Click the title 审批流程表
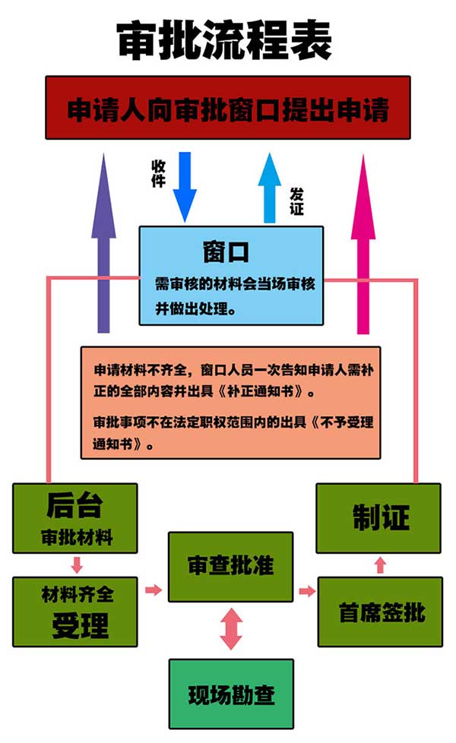click(x=223, y=40)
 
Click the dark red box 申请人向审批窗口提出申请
click(x=227, y=108)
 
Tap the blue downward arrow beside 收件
click(x=185, y=187)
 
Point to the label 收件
click(x=158, y=173)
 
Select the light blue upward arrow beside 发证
click(x=269, y=188)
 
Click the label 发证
click(x=296, y=201)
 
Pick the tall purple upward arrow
click(x=103, y=242)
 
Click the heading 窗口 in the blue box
click(x=226, y=251)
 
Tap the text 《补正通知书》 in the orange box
click(x=267, y=391)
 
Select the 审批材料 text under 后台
click(x=77, y=538)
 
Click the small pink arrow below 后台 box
click(x=77, y=564)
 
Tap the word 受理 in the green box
click(x=80, y=625)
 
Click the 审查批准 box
click(x=231, y=567)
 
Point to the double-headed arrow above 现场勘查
click(x=231, y=629)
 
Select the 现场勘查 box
click(x=231, y=694)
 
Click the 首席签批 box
click(x=380, y=612)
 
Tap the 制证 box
click(x=378, y=518)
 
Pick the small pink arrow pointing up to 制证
click(x=380, y=565)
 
